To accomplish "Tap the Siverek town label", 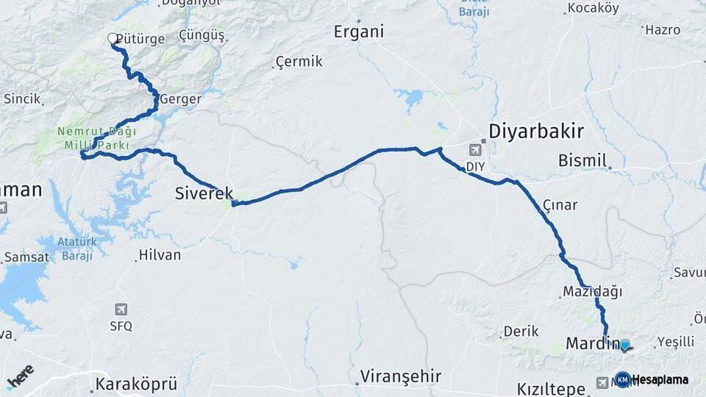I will pyautogui.click(x=204, y=193).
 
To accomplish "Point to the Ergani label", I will pyautogui.click(x=359, y=32).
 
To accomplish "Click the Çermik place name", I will pyautogui.click(x=299, y=62).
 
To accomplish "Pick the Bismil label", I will pyautogui.click(x=582, y=160).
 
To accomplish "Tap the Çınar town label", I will pyautogui.click(x=560, y=205).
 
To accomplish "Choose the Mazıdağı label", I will pyautogui.click(x=592, y=292).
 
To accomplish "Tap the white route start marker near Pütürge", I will pyautogui.click(x=113, y=38).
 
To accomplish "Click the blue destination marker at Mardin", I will pyautogui.click(x=624, y=345).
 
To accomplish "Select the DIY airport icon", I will pyautogui.click(x=475, y=150).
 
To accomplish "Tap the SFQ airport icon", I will pyautogui.click(x=121, y=310).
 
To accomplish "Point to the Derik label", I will pyautogui.click(x=521, y=332).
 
